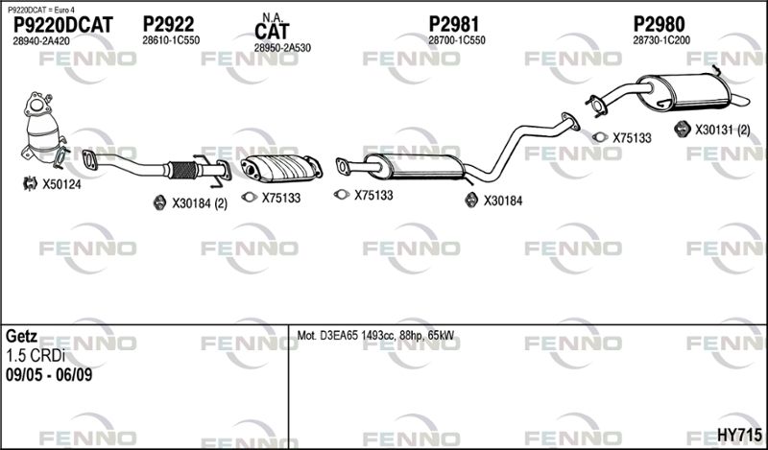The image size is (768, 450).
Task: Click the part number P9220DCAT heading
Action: click(63, 25)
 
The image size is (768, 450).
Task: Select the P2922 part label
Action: click(169, 24)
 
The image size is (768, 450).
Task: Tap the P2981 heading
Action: click(454, 24)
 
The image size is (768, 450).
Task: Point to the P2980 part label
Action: click(659, 24)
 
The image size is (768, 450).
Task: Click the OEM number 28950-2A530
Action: click(282, 48)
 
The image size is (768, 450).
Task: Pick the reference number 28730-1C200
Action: click(661, 40)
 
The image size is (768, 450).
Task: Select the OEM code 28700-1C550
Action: click(457, 40)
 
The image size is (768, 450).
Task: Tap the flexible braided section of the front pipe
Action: click(183, 170)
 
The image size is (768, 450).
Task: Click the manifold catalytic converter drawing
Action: click(42, 129)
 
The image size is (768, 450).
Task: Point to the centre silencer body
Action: click(416, 167)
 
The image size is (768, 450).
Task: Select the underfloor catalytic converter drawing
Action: click(280, 169)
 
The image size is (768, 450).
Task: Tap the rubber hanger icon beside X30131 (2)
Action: click(682, 129)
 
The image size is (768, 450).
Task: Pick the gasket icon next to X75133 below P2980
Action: click(600, 137)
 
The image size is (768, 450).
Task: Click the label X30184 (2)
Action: click(200, 203)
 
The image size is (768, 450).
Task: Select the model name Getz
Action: click(21, 337)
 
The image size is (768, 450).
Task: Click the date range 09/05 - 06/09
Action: click(49, 375)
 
